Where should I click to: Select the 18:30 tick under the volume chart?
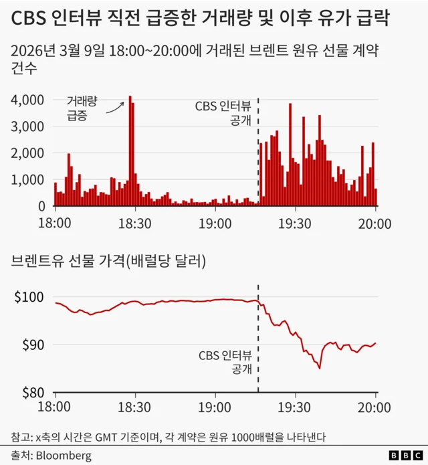click(x=135, y=223)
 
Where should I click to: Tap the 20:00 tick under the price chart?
click(x=375, y=407)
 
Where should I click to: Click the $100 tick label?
click(x=29, y=297)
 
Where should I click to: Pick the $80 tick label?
click(x=31, y=393)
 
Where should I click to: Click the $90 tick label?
click(x=31, y=345)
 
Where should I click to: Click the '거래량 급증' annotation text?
click(x=82, y=108)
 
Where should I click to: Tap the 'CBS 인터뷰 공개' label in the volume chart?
click(x=223, y=113)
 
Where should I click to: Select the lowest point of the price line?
click(x=320, y=368)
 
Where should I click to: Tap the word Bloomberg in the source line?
click(x=64, y=455)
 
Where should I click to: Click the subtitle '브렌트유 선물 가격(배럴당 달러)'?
click(x=108, y=262)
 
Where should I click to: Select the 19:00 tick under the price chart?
click(x=215, y=407)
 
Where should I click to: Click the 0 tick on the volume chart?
click(x=40, y=207)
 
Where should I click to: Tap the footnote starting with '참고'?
click(x=168, y=437)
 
